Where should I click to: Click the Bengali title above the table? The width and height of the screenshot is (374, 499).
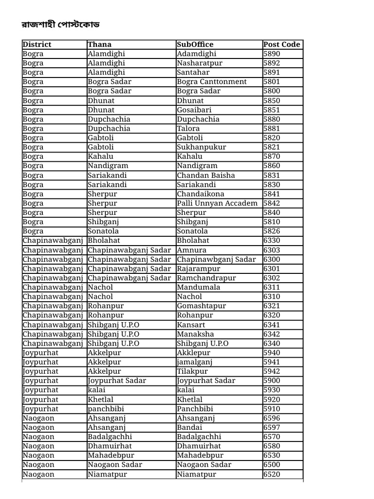(61, 25)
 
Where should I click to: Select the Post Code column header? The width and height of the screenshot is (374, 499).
(281, 44)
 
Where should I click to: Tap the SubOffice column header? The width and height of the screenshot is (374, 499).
(195, 44)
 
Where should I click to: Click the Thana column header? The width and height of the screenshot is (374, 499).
(99, 44)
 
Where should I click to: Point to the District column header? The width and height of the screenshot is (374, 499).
(37, 44)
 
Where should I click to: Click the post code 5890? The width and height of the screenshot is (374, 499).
(272, 54)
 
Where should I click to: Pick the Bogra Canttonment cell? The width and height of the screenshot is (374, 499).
(212, 81)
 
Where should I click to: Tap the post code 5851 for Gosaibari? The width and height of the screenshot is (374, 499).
(272, 110)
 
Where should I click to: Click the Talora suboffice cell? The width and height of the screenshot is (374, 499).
(188, 128)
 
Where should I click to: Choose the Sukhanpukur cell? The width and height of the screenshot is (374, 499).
(202, 147)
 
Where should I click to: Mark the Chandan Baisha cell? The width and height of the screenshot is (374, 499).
(206, 175)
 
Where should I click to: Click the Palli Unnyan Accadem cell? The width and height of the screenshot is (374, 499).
(217, 203)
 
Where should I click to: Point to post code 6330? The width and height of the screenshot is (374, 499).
(272, 240)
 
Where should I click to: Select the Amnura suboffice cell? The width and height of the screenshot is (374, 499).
(191, 249)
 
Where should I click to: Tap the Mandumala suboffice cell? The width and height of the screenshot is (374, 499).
(199, 287)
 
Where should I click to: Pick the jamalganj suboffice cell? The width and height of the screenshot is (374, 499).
(195, 362)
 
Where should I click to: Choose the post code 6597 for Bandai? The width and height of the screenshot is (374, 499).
(272, 427)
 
